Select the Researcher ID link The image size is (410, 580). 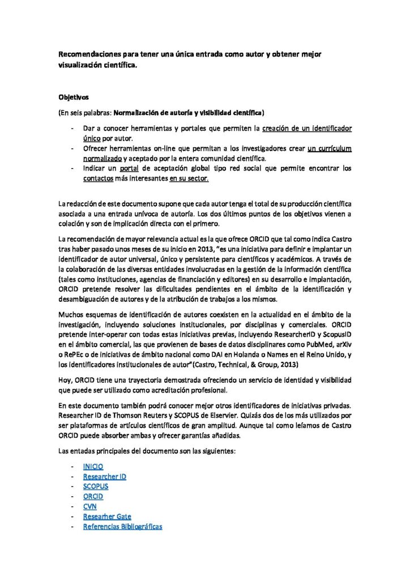(x=104, y=476)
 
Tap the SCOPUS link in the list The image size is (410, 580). (x=95, y=486)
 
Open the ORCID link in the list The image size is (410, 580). (x=93, y=496)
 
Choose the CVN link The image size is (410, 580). (x=89, y=506)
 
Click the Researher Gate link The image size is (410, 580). (x=106, y=516)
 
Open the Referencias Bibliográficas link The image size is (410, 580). (x=122, y=526)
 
